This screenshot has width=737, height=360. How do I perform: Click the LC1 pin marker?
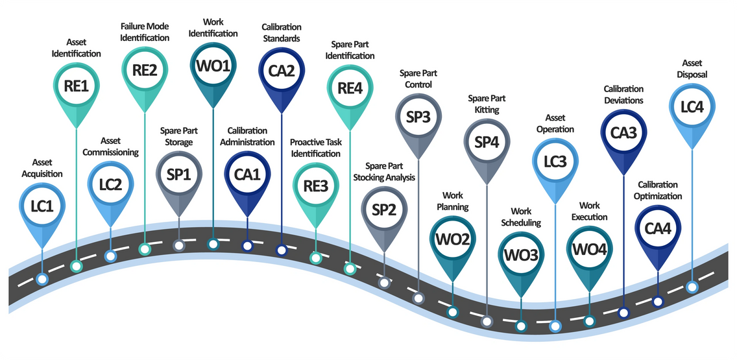click(x=42, y=206)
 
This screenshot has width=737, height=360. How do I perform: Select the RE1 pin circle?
click(x=77, y=86)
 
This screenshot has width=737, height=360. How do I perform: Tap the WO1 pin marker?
click(x=213, y=67)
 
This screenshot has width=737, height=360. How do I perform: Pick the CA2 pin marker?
click(x=281, y=71)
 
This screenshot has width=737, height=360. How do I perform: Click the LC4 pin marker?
click(x=692, y=107)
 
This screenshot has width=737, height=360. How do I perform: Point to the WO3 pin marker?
click(x=521, y=255)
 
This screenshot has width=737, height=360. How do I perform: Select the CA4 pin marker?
click(x=657, y=228)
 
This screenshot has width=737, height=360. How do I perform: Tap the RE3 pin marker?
click(x=315, y=186)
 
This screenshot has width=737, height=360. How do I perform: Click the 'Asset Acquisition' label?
click(x=42, y=168)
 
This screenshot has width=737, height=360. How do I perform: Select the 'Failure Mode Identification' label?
click(x=145, y=32)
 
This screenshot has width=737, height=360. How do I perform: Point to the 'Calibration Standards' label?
click(x=281, y=32)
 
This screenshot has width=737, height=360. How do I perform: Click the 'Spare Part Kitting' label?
click(x=487, y=104)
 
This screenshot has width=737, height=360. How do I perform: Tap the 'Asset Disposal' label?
click(x=692, y=69)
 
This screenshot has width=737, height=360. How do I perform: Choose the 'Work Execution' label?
click(x=589, y=211)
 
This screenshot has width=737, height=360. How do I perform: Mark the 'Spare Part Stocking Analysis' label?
click(x=384, y=172)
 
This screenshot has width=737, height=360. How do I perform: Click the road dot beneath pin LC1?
click(x=42, y=280)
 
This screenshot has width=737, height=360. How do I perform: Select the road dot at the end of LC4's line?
click(x=692, y=286)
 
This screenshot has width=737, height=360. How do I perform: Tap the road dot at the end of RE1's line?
click(x=77, y=265)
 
